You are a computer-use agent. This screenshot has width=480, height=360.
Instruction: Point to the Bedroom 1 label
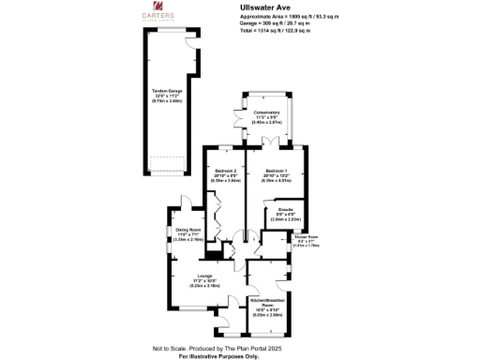[x=277, y=172]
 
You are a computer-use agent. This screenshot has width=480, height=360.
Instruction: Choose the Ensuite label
[x=287, y=210]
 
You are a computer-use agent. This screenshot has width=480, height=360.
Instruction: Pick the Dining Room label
[x=188, y=229]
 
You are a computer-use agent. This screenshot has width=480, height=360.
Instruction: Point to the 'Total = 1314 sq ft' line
[x=275, y=31]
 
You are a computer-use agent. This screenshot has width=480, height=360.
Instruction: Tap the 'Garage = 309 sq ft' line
[x=272, y=24]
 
